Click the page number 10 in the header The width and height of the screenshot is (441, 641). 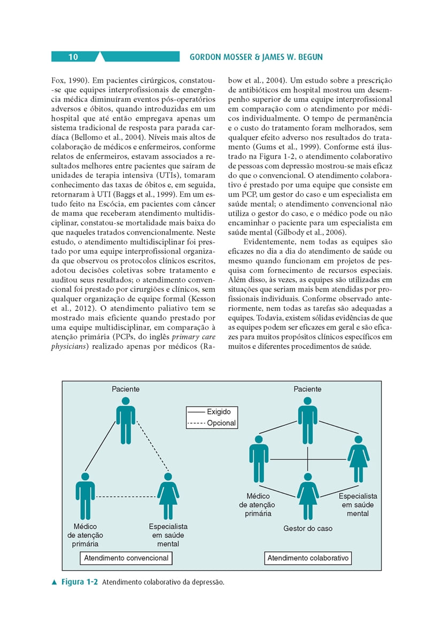click(x=73, y=57)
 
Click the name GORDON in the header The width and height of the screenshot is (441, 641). click(x=206, y=57)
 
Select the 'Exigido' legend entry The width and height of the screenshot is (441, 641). click(x=218, y=412)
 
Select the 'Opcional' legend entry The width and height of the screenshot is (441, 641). click(x=220, y=423)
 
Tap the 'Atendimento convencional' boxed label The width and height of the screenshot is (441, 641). click(x=126, y=558)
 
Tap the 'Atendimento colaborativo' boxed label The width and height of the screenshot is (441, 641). click(x=308, y=558)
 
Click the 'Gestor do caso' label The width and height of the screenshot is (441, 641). click(x=308, y=528)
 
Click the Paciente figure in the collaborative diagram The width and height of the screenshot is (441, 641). click(x=308, y=420)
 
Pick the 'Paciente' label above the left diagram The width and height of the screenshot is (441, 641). click(x=126, y=389)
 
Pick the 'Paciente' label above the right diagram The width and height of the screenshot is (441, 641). click(x=308, y=389)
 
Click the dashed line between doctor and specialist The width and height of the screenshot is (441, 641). click(x=126, y=497)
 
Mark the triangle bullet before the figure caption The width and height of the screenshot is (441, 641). click(x=54, y=582)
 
